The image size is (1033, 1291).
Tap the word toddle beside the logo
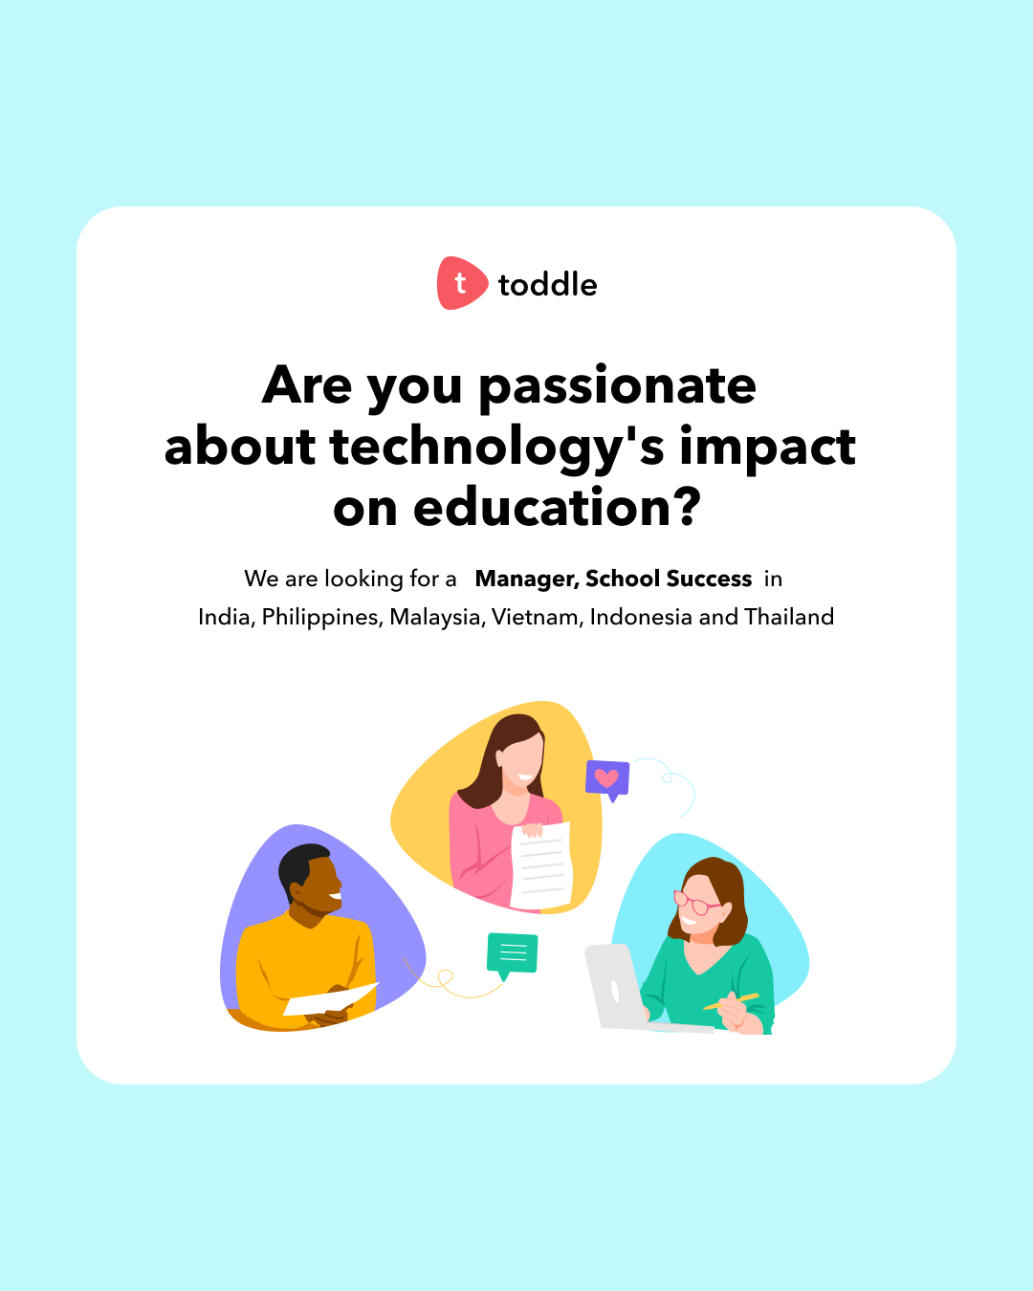click(547, 285)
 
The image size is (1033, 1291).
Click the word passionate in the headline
click(617, 385)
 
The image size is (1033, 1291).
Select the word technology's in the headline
click(496, 448)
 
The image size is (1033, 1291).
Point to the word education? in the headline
click(557, 508)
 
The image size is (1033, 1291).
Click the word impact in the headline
click(767, 448)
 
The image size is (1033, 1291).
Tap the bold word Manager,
click(527, 579)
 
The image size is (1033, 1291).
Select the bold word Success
click(709, 579)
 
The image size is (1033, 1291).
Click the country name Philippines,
click(322, 618)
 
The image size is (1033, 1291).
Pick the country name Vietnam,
click(536, 618)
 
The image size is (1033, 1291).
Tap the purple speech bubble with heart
click(607, 778)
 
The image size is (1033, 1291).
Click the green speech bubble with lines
click(513, 953)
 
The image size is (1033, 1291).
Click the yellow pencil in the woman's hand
click(732, 1001)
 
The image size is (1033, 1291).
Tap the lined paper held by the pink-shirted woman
click(541, 865)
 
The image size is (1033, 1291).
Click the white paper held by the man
click(330, 999)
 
